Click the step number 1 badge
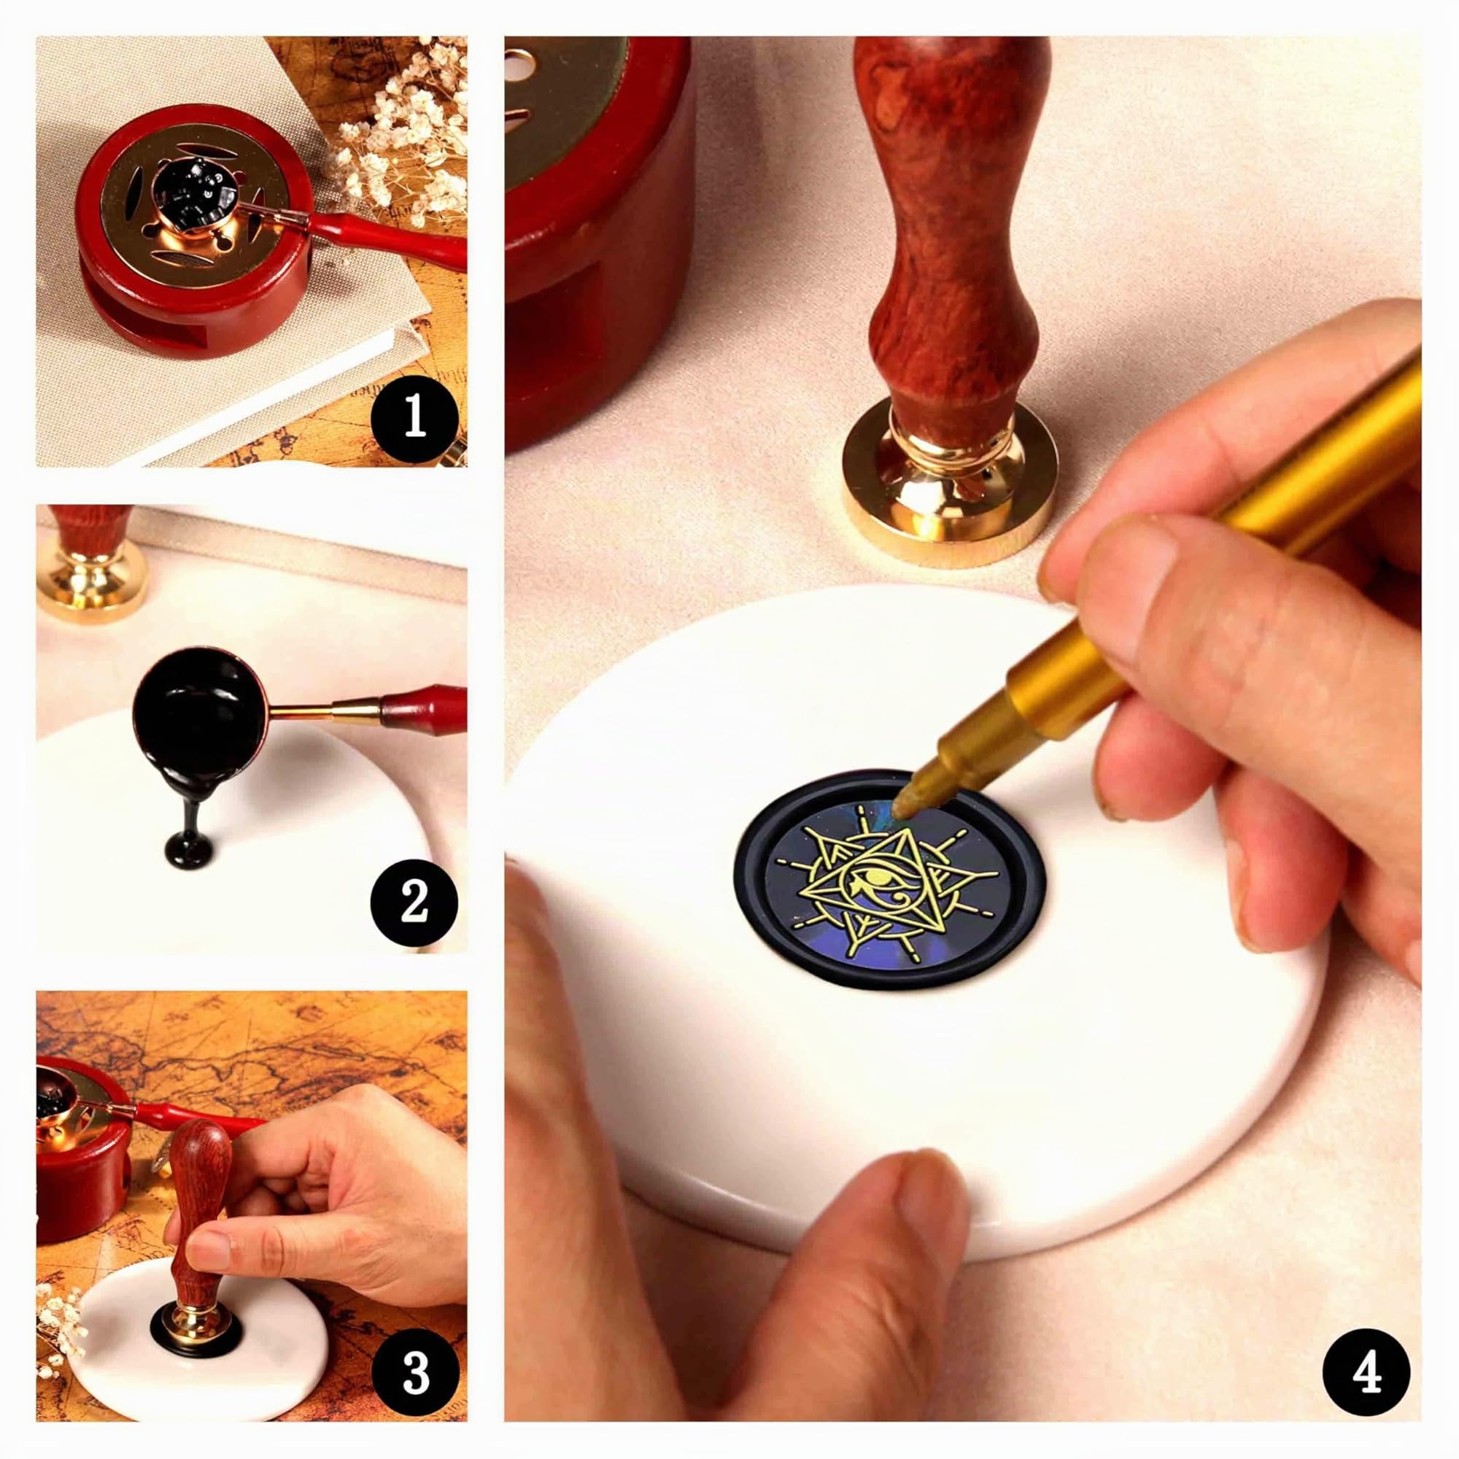coord(414,418)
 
